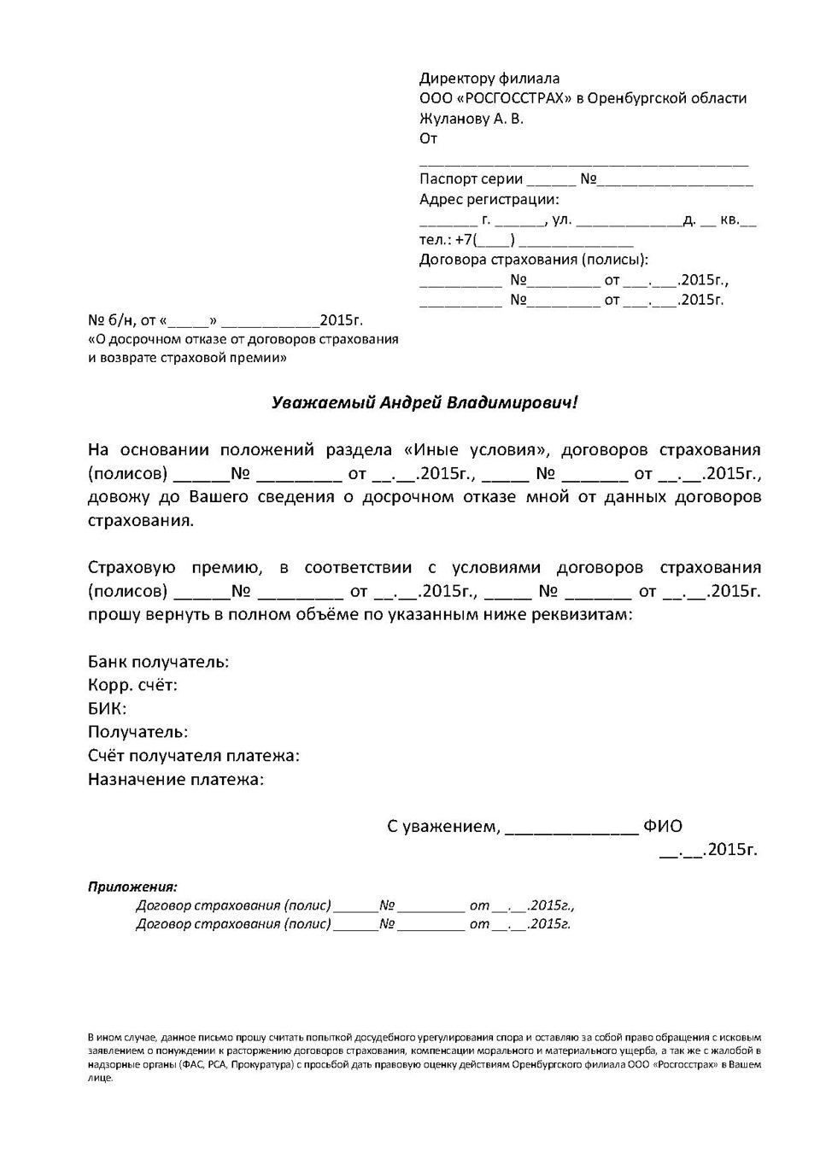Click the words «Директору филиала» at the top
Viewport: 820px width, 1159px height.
(x=489, y=79)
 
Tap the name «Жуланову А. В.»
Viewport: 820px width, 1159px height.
(x=471, y=119)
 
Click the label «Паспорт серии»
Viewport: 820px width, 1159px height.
(x=471, y=179)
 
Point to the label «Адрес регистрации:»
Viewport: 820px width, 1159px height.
(x=489, y=200)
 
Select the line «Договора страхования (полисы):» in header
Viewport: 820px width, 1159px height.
(x=533, y=260)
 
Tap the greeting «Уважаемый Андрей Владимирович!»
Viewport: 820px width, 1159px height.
(x=425, y=402)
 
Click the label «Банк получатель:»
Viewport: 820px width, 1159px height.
(x=158, y=662)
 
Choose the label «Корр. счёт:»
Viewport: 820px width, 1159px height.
(x=132, y=685)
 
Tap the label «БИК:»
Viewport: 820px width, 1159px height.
(x=107, y=709)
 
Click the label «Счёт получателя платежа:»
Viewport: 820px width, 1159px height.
(x=193, y=756)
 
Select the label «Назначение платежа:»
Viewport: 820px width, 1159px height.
(x=176, y=779)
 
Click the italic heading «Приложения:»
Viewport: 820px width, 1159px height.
(x=132, y=887)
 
